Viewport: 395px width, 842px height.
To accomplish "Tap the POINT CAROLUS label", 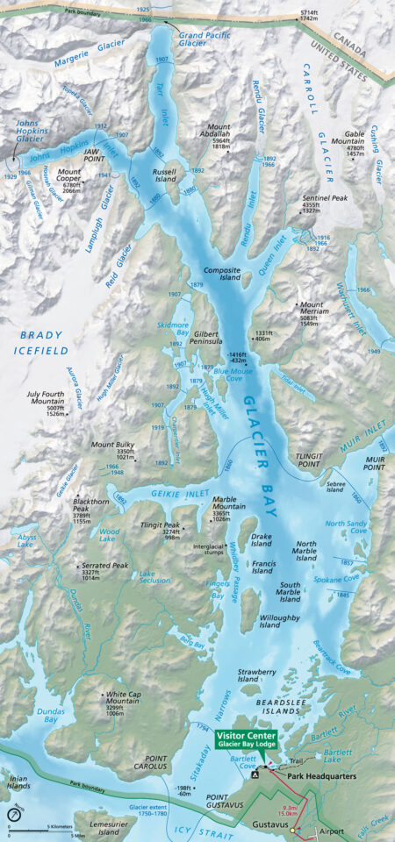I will point(146,764).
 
